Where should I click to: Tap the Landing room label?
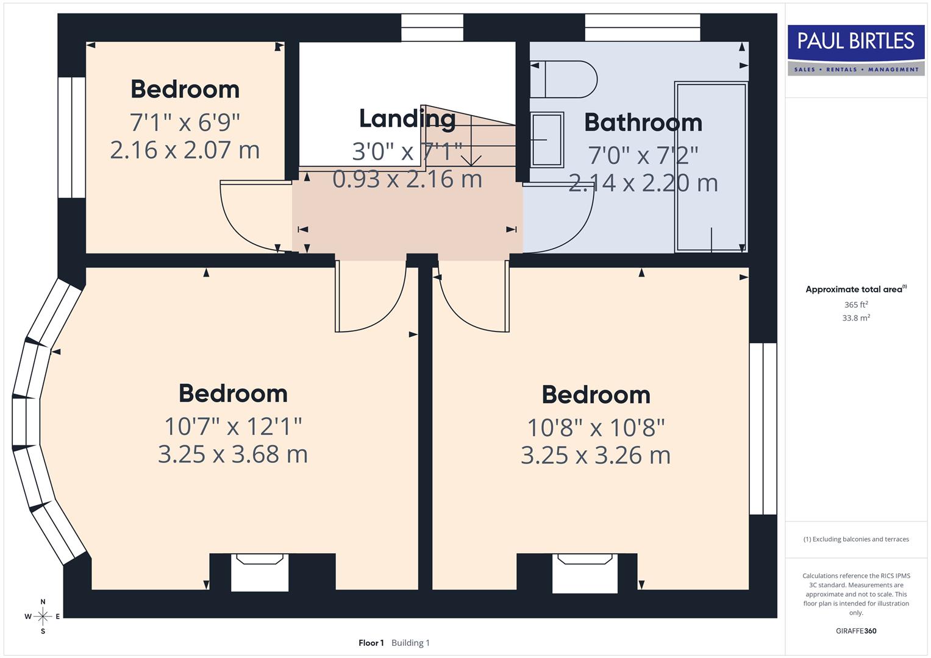point(407,119)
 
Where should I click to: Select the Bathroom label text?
point(643,122)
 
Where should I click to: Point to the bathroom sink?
point(547,140)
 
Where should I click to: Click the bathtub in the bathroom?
point(711,166)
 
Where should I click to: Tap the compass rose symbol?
point(43,617)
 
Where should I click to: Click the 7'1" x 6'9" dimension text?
point(185,122)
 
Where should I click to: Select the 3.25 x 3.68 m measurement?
point(233,455)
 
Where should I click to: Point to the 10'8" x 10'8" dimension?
point(596,428)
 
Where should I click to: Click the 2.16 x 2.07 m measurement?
point(185,150)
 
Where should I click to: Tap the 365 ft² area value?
point(855,305)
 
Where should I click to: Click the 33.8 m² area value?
point(855,318)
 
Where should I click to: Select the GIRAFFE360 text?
point(855,631)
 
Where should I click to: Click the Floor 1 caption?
point(371,643)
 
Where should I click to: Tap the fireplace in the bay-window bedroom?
point(260,572)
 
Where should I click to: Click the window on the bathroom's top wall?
point(642,27)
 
